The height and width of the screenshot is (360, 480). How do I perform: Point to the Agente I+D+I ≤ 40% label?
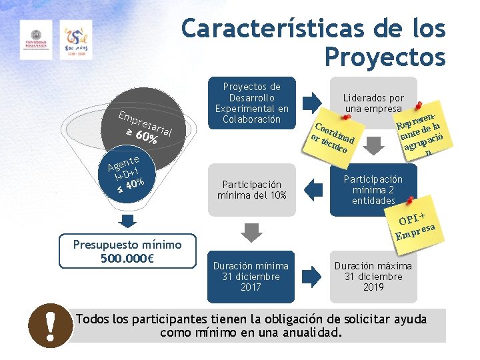126,175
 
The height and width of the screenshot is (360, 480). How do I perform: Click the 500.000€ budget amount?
127,259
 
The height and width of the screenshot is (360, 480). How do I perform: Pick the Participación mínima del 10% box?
251,189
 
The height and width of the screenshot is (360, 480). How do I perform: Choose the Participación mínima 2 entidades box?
373,189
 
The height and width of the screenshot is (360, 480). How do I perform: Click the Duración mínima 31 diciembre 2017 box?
251,276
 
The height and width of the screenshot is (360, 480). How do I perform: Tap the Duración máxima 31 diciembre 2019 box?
373,276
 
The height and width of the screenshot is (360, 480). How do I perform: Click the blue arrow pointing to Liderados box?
311,102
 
